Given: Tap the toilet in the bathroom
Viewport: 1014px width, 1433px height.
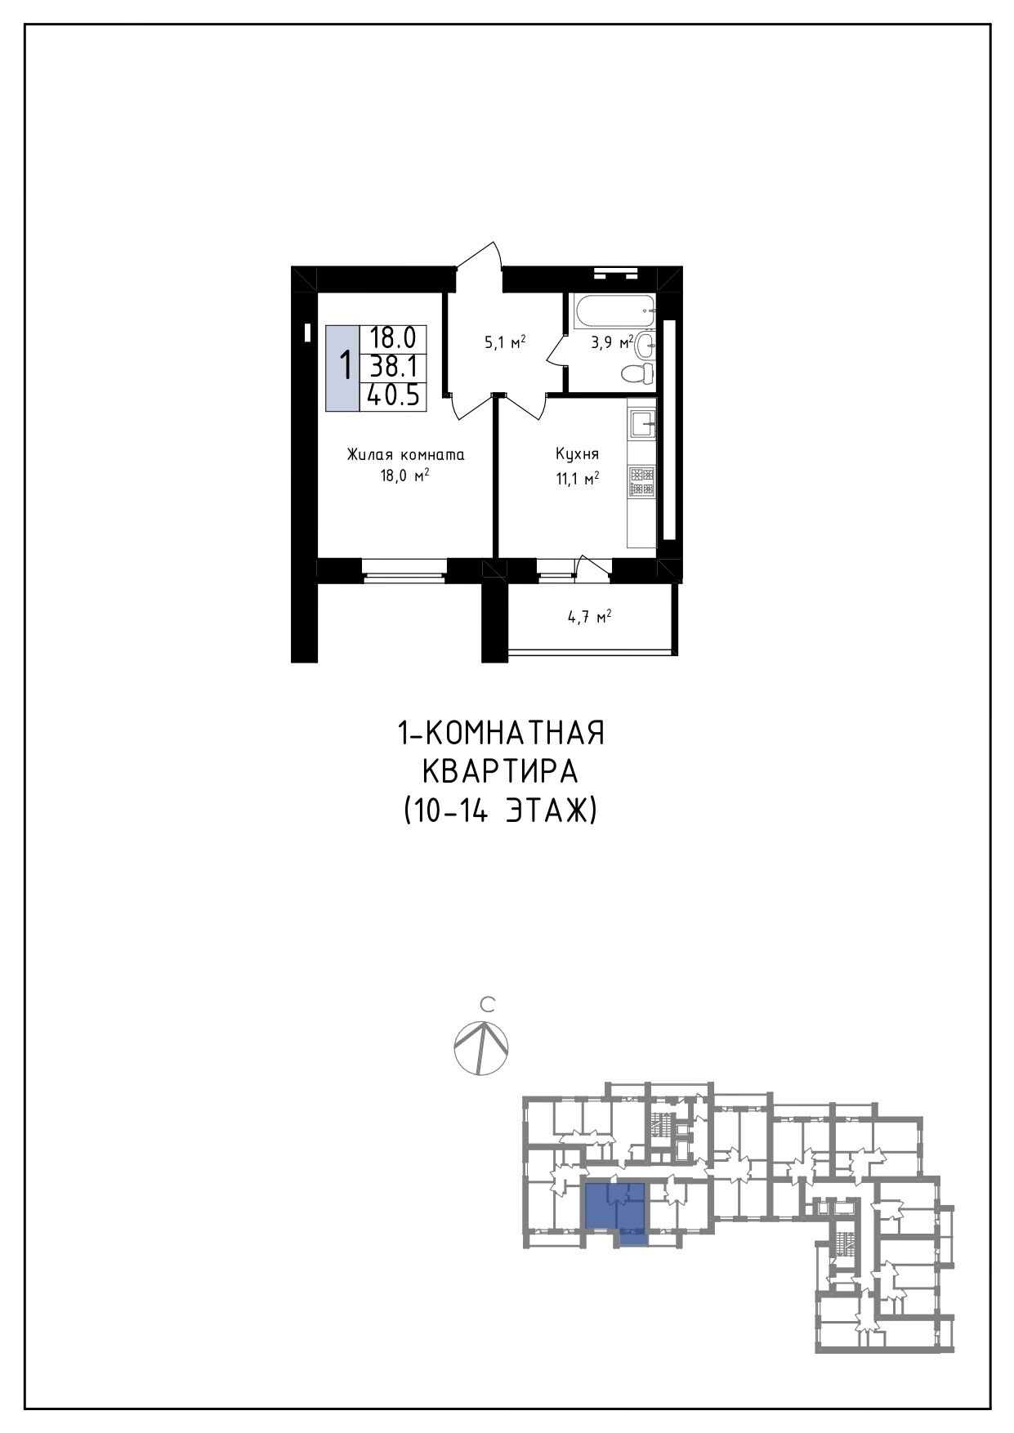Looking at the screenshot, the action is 638,374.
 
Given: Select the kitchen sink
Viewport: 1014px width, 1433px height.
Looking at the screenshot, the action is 642,423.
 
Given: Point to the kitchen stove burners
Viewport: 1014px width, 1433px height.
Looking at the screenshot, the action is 641,481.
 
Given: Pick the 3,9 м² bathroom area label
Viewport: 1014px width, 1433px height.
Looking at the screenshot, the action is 612,342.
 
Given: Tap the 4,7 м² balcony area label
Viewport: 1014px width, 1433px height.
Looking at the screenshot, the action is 590,618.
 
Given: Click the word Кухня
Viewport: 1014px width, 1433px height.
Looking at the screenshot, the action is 578,454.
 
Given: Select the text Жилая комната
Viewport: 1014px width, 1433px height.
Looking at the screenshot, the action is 405,454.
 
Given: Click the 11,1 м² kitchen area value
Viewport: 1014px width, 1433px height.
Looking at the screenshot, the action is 578,479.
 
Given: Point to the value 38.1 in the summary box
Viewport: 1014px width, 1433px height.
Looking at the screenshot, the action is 394,366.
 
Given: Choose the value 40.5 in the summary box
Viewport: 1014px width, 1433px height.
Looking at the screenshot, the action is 393,396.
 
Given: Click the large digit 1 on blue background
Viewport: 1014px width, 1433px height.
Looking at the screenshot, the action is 346,366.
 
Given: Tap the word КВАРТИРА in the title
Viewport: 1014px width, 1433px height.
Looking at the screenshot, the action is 500,771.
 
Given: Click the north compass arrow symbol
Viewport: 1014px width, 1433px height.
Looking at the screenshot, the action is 481,1048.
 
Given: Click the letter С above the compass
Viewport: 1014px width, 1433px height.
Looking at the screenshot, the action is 488,1003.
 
